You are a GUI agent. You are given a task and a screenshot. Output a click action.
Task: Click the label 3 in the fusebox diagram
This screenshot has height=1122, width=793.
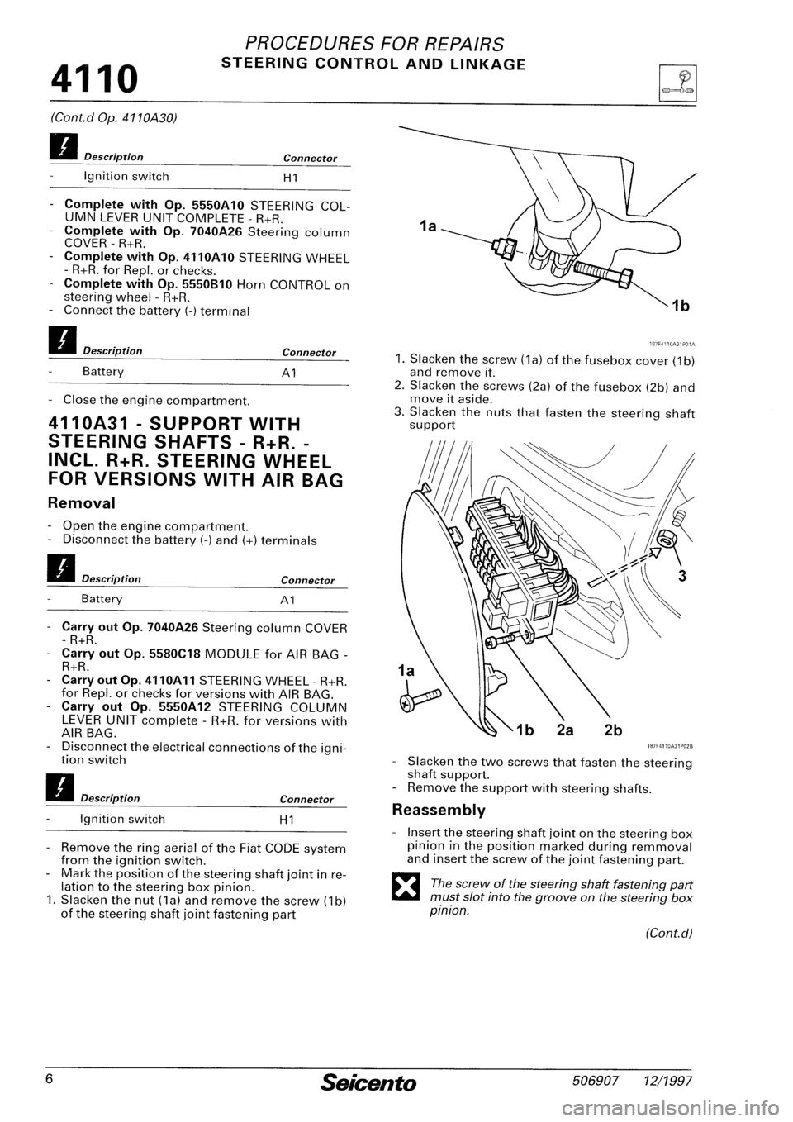click(681, 578)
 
